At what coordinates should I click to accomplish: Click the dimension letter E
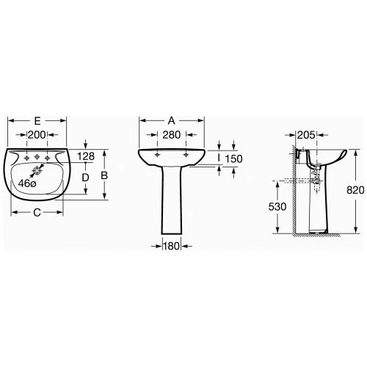37,121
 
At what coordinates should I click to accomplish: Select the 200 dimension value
37,135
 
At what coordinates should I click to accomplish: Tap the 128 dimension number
86,156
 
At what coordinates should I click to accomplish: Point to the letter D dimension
85,178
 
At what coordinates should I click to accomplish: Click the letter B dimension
104,175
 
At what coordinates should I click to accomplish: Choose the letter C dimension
37,213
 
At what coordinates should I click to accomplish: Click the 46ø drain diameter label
27,183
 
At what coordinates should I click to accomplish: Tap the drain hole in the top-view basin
37,170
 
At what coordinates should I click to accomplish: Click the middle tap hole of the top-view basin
37,157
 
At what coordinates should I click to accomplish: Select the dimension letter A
172,120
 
